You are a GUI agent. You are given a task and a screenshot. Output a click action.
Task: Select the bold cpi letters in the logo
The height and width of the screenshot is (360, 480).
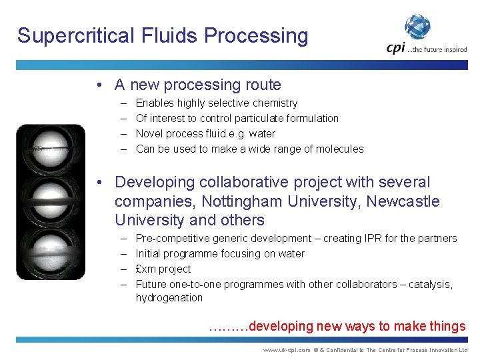(396, 49)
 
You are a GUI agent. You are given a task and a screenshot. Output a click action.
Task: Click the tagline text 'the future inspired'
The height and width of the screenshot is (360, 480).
(440, 49)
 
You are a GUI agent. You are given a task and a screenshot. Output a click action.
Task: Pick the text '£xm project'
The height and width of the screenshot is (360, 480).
(163, 269)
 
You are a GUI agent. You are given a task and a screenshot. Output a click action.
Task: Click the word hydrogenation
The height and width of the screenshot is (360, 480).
(169, 297)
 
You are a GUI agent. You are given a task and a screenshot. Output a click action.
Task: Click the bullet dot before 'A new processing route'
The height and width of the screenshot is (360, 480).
(98, 85)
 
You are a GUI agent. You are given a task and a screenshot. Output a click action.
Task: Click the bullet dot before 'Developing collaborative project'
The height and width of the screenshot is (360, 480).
(98, 182)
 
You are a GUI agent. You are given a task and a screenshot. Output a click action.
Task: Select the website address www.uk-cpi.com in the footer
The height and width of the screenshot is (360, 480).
(287, 350)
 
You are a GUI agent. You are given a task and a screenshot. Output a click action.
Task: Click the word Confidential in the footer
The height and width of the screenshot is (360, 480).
(346, 350)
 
